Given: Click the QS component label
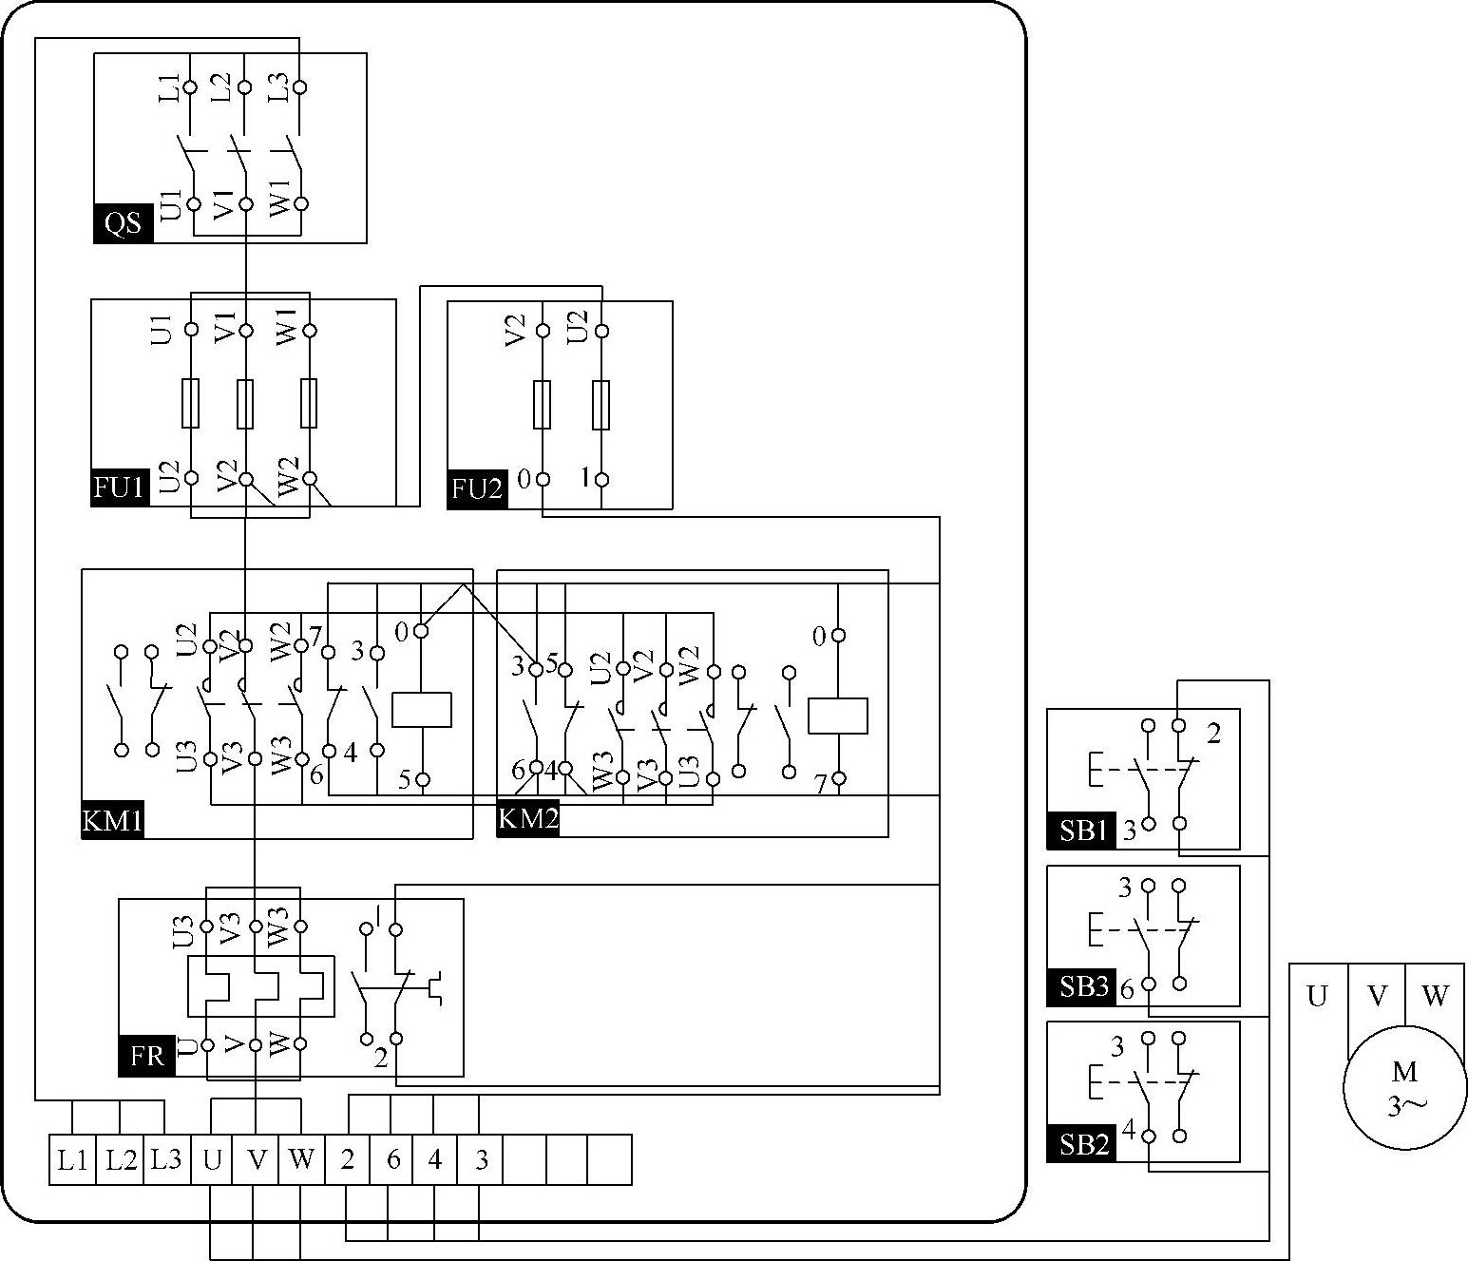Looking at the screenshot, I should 124,223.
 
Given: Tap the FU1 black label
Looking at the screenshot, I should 121,488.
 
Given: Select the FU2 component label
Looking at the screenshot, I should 477,489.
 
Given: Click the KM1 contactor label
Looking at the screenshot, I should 113,820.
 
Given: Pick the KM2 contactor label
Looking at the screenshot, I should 527,817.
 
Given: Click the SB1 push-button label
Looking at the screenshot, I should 1081,831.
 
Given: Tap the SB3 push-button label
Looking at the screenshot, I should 1081,986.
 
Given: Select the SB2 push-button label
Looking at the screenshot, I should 1081,1143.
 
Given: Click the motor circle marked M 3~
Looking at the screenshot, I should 1404,1085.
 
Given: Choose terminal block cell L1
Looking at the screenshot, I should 73,1159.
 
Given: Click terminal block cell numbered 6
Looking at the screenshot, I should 391,1159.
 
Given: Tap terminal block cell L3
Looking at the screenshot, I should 166,1159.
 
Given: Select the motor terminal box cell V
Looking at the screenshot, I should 1377,996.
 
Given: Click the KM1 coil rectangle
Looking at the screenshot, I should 422,710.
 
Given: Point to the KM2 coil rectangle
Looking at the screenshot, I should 837,716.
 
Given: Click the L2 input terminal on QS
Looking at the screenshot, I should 244,87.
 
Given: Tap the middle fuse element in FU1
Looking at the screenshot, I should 245,404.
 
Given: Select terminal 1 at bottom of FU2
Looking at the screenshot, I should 601,480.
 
